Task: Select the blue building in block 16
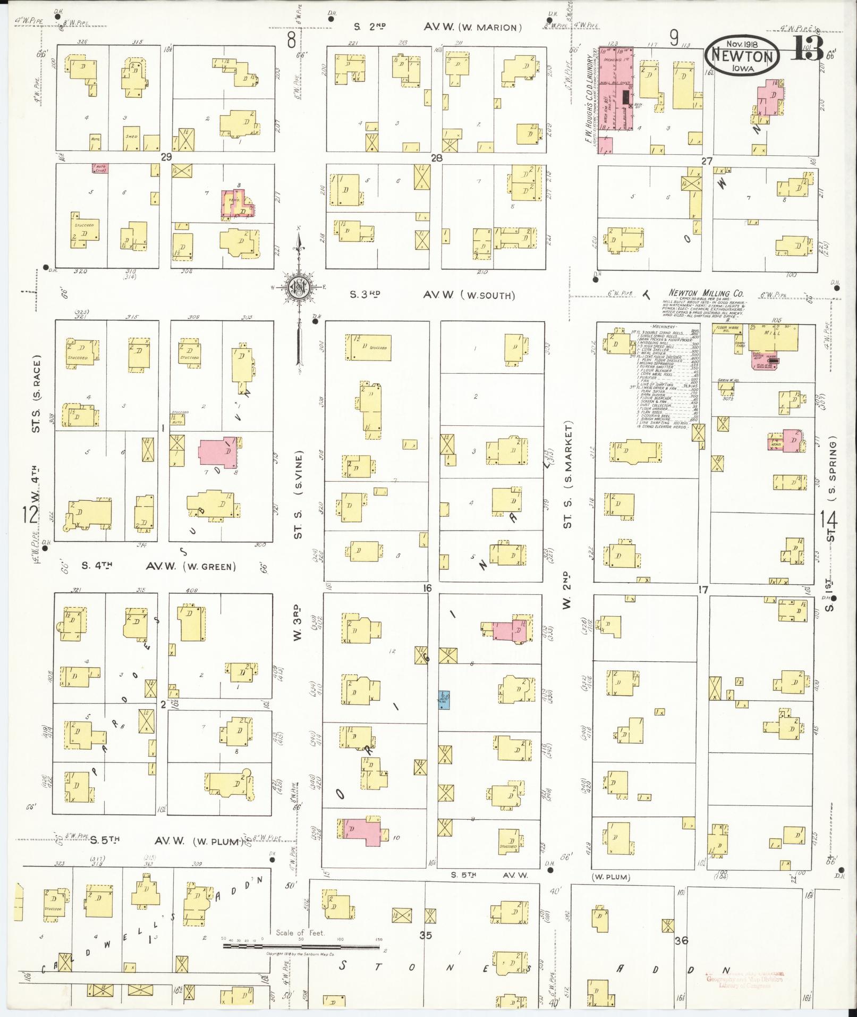(445, 700)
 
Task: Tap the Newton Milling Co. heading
(706, 293)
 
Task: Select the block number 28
(437, 158)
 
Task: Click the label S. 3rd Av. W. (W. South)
(432, 295)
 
